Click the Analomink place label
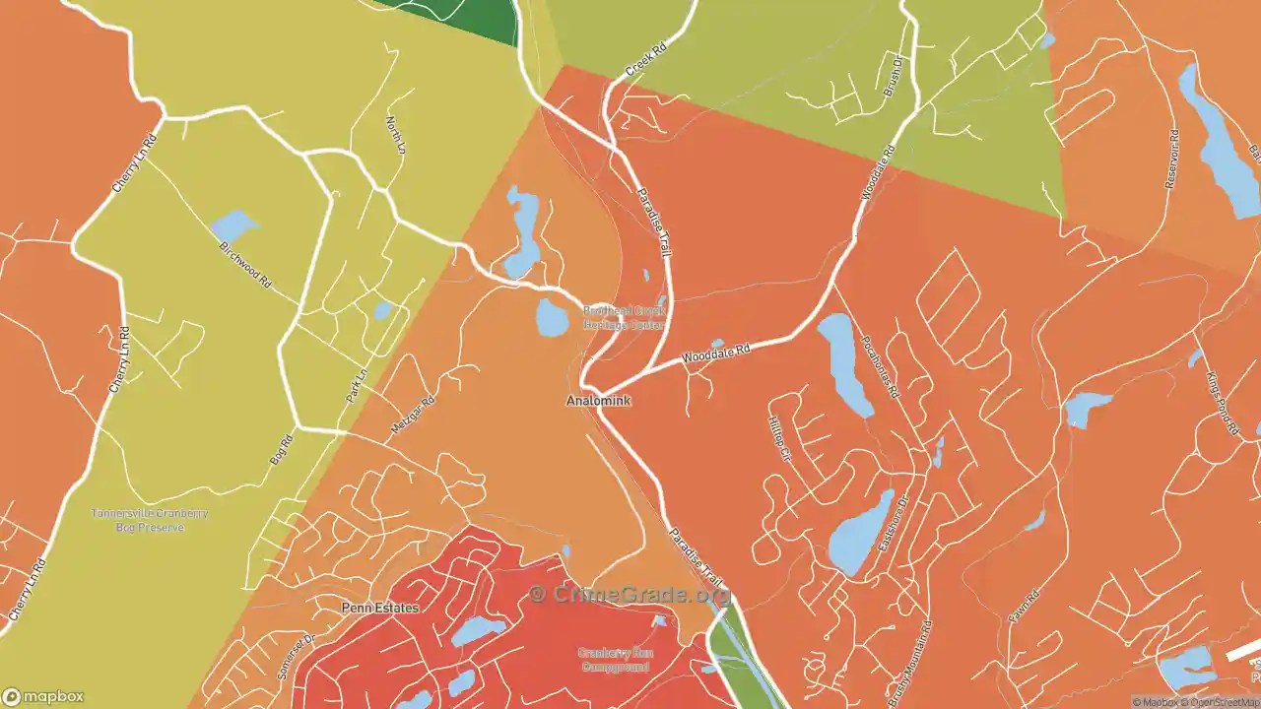pyautogui.click(x=598, y=402)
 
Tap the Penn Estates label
pyautogui.click(x=379, y=608)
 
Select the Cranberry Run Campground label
pyautogui.click(x=614, y=660)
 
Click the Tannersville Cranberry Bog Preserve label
pyautogui.click(x=150, y=520)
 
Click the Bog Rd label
pyautogui.click(x=282, y=449)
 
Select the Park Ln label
pyautogui.click(x=356, y=385)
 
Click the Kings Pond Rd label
pyautogui.click(x=1222, y=404)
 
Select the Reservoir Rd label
pyautogui.click(x=1170, y=159)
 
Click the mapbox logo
pyautogui.click(x=43, y=695)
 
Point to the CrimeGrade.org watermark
pyautogui.click(x=630, y=594)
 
